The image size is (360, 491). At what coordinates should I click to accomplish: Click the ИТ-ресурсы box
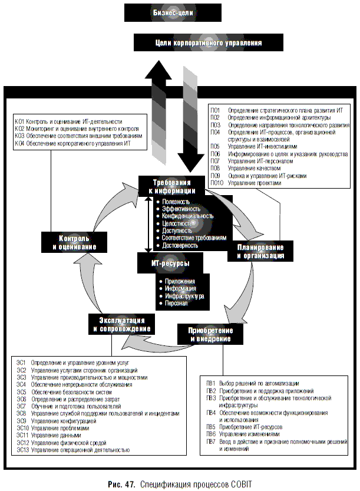pos(170,263)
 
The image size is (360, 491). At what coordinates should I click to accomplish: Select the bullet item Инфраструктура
pos(184,296)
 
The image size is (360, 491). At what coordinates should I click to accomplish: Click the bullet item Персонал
pos(177,303)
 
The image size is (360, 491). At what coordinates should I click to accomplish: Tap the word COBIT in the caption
pos(238,484)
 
